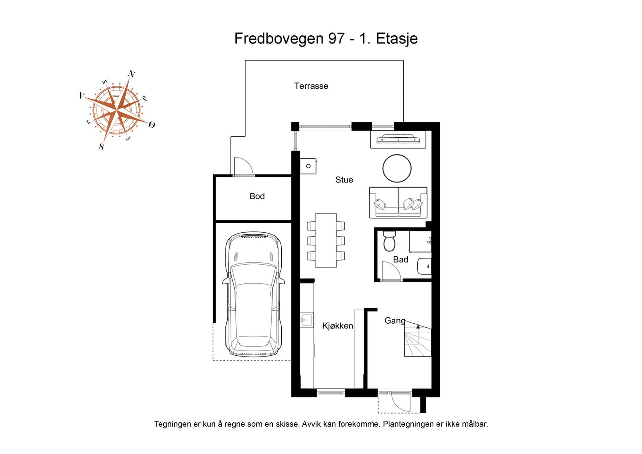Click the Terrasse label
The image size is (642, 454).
tap(311, 86)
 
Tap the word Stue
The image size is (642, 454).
tap(344, 180)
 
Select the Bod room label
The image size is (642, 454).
tap(257, 196)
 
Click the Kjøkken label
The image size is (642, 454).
tap(337, 326)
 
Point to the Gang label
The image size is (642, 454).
tap(394, 320)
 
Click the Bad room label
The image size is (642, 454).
tap(400, 259)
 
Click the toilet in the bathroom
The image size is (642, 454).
tap(389, 241)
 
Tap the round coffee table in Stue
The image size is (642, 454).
tap(396, 168)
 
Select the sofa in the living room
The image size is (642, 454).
tap(398, 203)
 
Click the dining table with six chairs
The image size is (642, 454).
tap(326, 240)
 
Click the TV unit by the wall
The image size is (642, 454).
tap(398, 139)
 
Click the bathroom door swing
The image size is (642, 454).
tap(390, 272)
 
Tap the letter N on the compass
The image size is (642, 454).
tap(131, 74)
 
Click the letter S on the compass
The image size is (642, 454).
tap(101, 147)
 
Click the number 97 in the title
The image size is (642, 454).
tap(336, 39)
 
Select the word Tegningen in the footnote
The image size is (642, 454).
tap(173, 424)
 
